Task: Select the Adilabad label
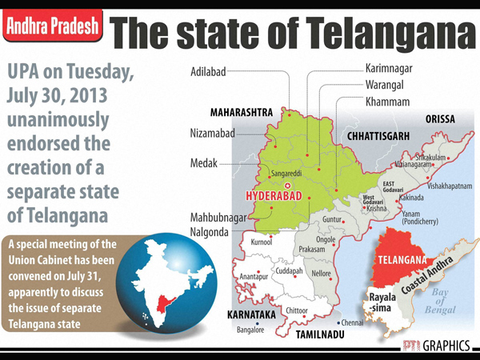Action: point(207,70)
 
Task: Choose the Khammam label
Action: point(387,102)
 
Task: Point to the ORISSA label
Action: point(440,118)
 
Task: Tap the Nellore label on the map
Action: point(322,274)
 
